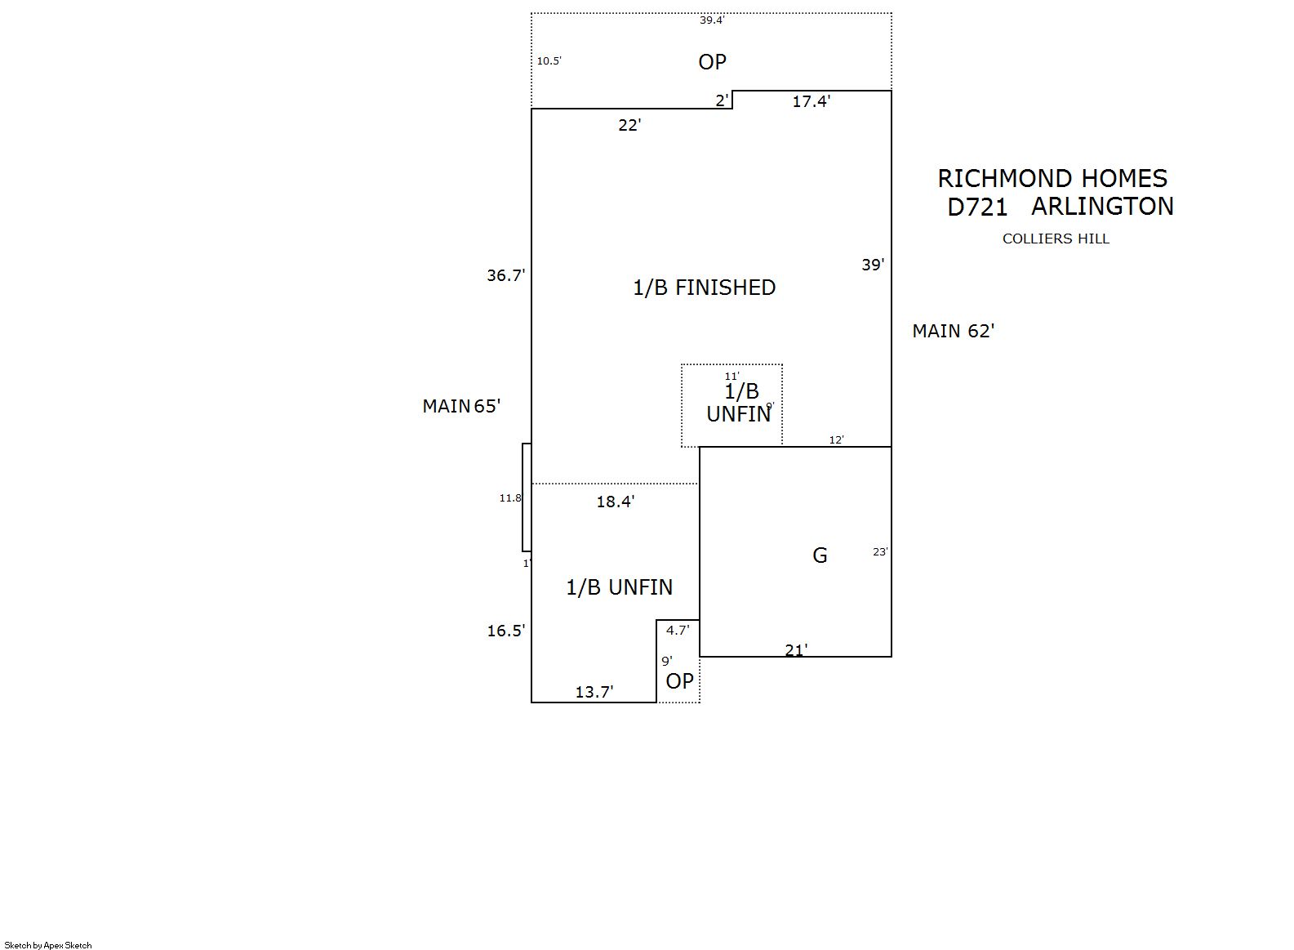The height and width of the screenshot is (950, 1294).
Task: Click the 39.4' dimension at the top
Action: click(711, 20)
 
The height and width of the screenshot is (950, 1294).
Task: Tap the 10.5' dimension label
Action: click(549, 61)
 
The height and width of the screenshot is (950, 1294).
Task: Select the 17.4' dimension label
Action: click(811, 101)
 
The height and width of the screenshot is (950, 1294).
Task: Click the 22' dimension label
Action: click(629, 125)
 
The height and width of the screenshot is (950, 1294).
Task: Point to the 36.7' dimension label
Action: click(505, 276)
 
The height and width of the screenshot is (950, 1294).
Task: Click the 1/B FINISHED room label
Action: click(704, 288)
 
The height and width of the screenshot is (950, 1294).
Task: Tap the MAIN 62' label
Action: click(953, 331)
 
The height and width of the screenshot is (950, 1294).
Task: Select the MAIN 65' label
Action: click(461, 406)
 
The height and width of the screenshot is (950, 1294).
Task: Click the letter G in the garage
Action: click(820, 555)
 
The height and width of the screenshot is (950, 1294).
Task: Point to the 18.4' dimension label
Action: click(615, 502)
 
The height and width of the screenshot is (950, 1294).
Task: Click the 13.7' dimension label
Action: click(594, 692)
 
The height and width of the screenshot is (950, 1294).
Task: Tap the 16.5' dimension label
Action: click(505, 631)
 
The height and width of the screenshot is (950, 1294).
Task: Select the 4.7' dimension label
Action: click(677, 631)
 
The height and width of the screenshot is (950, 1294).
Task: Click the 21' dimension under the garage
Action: click(796, 650)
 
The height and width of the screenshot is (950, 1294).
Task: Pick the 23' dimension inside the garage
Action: click(879, 552)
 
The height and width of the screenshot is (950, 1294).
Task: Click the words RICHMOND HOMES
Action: click(1052, 178)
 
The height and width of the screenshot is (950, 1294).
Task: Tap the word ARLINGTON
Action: click(1101, 207)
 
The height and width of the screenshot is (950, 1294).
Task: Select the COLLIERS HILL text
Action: click(1056, 239)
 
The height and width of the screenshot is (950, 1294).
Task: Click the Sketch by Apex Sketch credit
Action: click(48, 945)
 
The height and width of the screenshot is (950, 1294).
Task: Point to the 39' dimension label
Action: click(873, 265)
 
